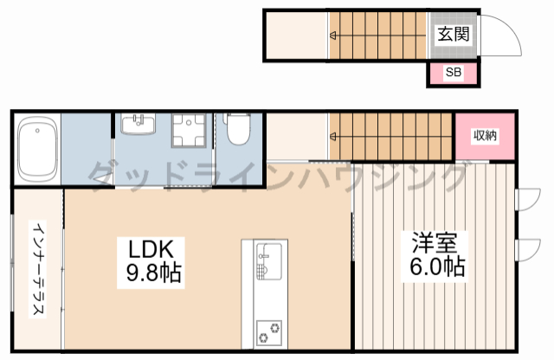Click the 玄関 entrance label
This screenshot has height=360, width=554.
pos(453,35)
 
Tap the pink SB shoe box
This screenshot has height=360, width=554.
pos(453,74)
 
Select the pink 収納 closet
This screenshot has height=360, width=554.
pos(485,136)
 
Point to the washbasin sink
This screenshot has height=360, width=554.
pos(135,126)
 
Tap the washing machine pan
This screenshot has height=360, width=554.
pos(186,132)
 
